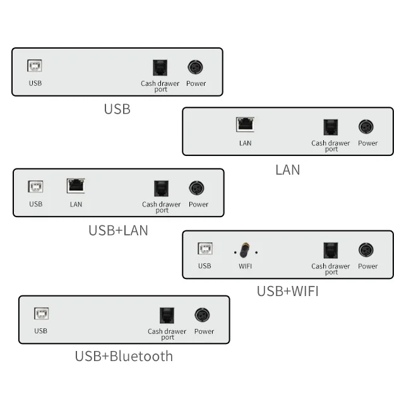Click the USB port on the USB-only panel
35,66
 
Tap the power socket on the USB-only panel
195,68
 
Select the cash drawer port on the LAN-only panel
331,128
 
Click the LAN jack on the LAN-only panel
245,124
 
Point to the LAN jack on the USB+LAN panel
76,186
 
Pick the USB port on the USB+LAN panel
35,187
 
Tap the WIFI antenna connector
244,250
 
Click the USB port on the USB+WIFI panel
205,249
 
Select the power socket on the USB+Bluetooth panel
202,315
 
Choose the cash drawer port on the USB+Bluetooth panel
167,316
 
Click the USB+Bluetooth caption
124,356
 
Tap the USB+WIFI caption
288,291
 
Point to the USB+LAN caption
118,230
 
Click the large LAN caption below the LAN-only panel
288,170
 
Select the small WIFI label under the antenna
245,266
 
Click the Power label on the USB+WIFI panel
367,266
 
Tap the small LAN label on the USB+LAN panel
76,205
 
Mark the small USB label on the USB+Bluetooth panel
40,331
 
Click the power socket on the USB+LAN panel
196,188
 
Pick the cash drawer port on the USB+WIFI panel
331,251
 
